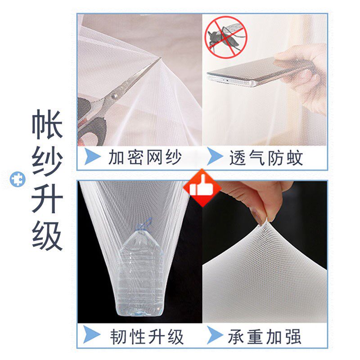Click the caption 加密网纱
pyautogui.click(x=145, y=157)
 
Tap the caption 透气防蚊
pyautogui.click(x=266, y=157)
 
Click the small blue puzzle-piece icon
pyautogui.click(x=18, y=180)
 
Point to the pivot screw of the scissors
pyautogui.click(x=114, y=95)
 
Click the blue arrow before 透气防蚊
pyautogui.click(x=215, y=157)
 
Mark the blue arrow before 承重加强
pyautogui.click(x=215, y=336)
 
